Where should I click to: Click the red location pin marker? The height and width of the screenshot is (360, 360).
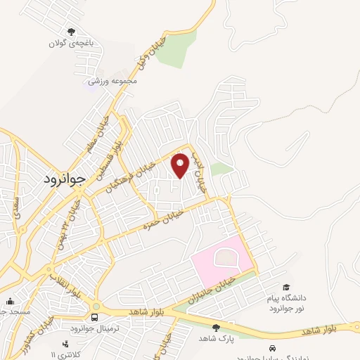181,165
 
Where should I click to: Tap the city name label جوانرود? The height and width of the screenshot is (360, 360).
63,178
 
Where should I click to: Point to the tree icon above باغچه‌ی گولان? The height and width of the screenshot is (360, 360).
70,31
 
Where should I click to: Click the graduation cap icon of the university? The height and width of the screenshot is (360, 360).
285,288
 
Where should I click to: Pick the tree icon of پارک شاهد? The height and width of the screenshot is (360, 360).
216,327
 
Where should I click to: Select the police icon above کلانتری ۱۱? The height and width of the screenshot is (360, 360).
65,343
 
